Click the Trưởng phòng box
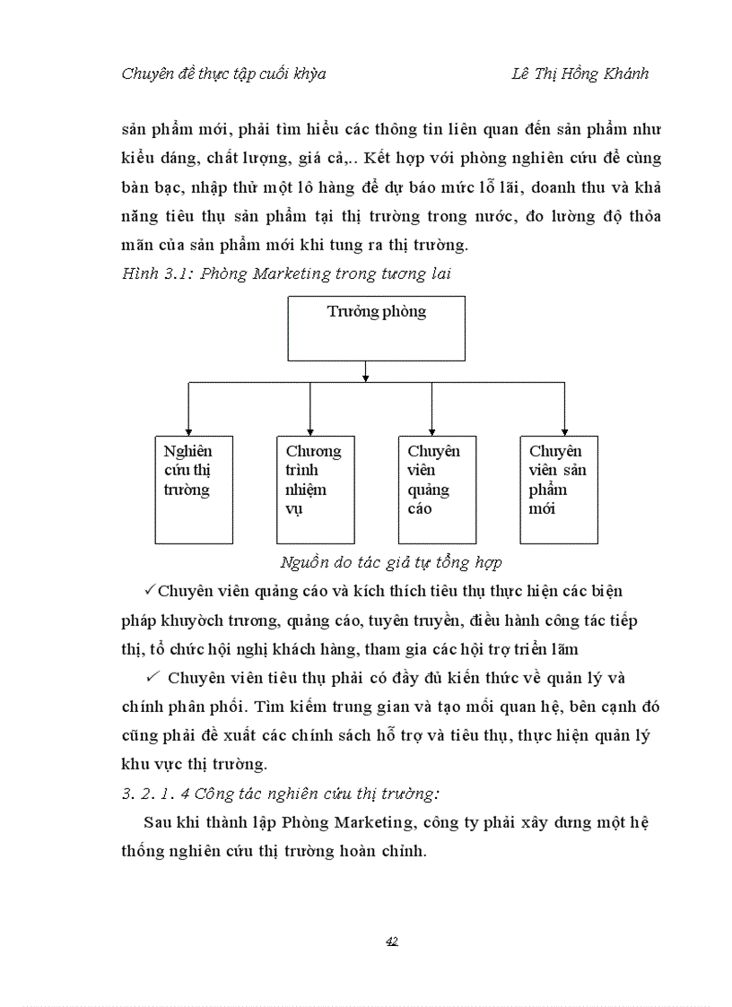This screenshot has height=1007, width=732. (x=376, y=329)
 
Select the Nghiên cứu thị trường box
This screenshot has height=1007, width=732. (x=194, y=490)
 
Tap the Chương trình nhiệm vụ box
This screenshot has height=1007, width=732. (x=315, y=490)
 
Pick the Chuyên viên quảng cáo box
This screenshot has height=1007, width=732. (x=437, y=490)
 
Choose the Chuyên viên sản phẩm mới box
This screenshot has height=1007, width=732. (x=559, y=490)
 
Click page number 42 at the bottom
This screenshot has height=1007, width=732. (x=391, y=941)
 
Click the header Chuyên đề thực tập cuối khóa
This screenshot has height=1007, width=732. (x=223, y=74)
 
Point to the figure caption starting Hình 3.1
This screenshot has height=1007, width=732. (x=285, y=274)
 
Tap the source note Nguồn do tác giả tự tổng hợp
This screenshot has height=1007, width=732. (x=390, y=563)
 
